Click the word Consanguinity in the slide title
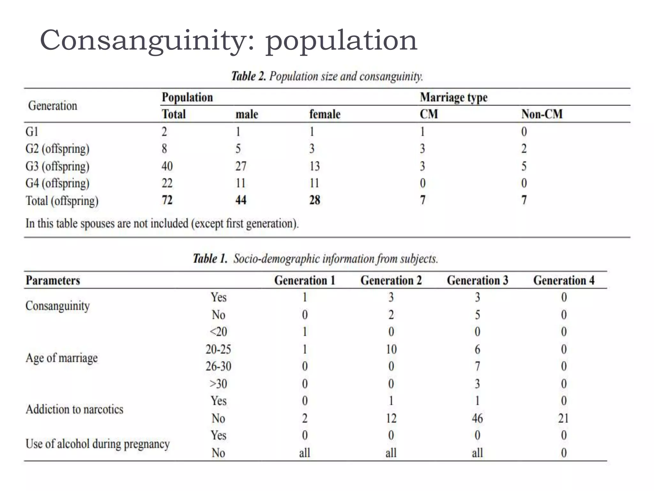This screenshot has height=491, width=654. tap(147, 41)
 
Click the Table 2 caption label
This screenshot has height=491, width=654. tap(248, 76)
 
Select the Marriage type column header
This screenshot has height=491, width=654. tap(453, 97)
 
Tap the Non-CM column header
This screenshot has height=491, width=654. tap(542, 114)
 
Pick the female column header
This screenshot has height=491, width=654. tap(325, 114)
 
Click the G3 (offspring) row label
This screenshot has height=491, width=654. tap(57, 166)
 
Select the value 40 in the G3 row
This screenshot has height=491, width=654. tap(167, 166)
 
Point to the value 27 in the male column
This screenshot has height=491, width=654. tap(241, 166)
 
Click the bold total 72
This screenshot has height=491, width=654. tap(167, 200)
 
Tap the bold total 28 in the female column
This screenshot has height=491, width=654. tap(315, 200)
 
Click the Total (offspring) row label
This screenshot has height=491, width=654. tap(62, 201)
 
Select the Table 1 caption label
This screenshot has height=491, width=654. tap(210, 259)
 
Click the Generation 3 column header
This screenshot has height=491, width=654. tap(477, 280)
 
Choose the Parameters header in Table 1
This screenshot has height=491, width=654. tap(53, 280)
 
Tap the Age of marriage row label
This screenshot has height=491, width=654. tap(62, 358)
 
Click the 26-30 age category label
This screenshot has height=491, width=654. tap(218, 366)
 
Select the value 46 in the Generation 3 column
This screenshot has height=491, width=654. tap(477, 418)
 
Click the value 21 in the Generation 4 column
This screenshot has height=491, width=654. tap(563, 418)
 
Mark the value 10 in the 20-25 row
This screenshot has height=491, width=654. tap(391, 349)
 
